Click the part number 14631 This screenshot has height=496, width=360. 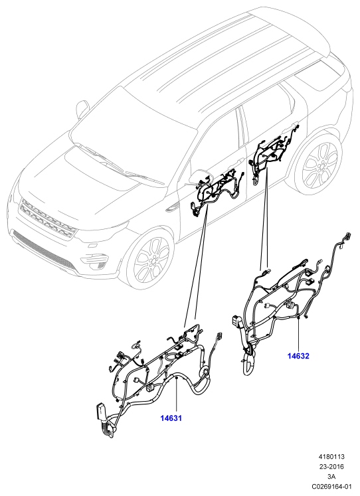(171, 418)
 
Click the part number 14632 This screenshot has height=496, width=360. (298, 356)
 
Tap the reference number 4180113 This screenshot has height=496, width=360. (331, 456)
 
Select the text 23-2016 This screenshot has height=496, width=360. (331, 466)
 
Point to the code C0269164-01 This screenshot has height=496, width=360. (331, 486)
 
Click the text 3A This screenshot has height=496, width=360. (331, 476)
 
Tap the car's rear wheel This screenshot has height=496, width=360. (319, 165)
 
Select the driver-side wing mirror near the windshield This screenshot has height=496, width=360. (82, 108)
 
